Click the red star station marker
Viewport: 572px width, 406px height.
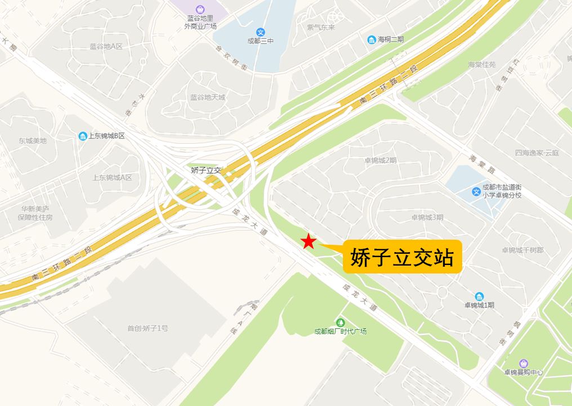(x=308, y=241)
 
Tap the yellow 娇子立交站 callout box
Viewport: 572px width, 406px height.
(x=402, y=257)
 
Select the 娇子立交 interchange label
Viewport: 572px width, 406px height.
(x=206, y=170)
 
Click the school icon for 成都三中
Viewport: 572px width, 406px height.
(x=260, y=32)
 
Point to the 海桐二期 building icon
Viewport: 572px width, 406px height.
(x=372, y=39)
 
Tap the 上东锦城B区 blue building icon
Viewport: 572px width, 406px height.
(x=83, y=136)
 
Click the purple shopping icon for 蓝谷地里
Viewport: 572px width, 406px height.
(x=200, y=9)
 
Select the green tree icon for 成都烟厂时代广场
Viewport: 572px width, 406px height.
(x=340, y=322)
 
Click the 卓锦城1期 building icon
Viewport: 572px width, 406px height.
(x=479, y=296)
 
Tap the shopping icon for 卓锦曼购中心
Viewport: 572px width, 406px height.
(x=524, y=363)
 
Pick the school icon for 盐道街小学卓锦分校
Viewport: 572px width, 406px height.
(x=476, y=192)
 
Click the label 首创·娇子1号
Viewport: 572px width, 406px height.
(x=148, y=328)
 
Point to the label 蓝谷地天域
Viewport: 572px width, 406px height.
(x=207, y=97)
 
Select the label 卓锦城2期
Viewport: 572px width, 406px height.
(x=380, y=160)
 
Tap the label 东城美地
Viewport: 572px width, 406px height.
(x=32, y=140)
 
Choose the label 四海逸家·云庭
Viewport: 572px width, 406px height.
(x=537, y=153)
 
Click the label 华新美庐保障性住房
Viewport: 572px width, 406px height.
(x=35, y=213)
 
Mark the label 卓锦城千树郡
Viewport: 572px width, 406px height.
(x=522, y=250)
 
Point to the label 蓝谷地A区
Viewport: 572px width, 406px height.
(x=106, y=46)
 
